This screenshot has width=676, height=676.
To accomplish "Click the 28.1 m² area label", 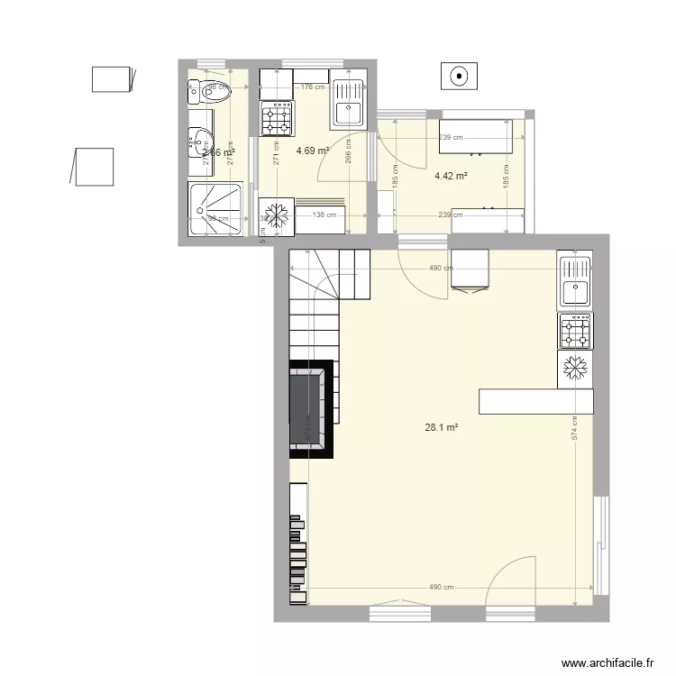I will (441, 428).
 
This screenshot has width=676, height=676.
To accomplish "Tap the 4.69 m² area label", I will (313, 151).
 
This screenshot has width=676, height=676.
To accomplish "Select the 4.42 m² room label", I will (451, 176).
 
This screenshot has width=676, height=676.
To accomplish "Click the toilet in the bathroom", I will (211, 90).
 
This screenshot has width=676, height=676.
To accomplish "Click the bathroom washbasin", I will (199, 140).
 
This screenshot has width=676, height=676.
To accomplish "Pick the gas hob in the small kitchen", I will (277, 117).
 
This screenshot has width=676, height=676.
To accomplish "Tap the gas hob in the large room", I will (575, 332).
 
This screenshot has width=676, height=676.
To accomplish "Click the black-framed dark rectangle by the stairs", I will (311, 406).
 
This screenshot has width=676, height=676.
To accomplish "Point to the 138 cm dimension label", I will (324, 215).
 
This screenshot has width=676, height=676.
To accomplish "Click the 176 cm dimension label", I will (312, 87).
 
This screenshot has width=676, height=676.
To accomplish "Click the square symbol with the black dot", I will (460, 76).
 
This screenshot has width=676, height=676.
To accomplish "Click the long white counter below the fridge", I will (537, 401).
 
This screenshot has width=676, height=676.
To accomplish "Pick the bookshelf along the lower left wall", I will (297, 545).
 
